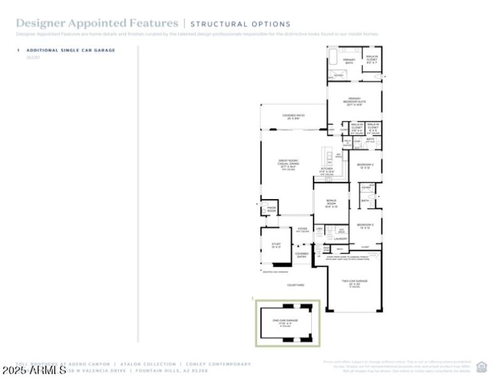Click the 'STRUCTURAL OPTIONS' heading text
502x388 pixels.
(240, 24)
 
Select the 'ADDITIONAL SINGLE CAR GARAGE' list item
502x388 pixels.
(70, 50)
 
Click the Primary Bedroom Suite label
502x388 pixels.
(355, 103)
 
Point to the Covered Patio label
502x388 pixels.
(293, 117)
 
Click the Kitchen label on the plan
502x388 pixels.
(327, 170)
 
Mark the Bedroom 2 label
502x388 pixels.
(365, 166)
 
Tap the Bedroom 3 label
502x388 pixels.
(365, 226)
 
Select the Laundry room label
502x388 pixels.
(341, 239)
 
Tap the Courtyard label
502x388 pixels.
(296, 285)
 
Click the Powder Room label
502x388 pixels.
(272, 210)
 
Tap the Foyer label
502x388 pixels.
(302, 229)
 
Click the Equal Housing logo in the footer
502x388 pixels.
(482, 367)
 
